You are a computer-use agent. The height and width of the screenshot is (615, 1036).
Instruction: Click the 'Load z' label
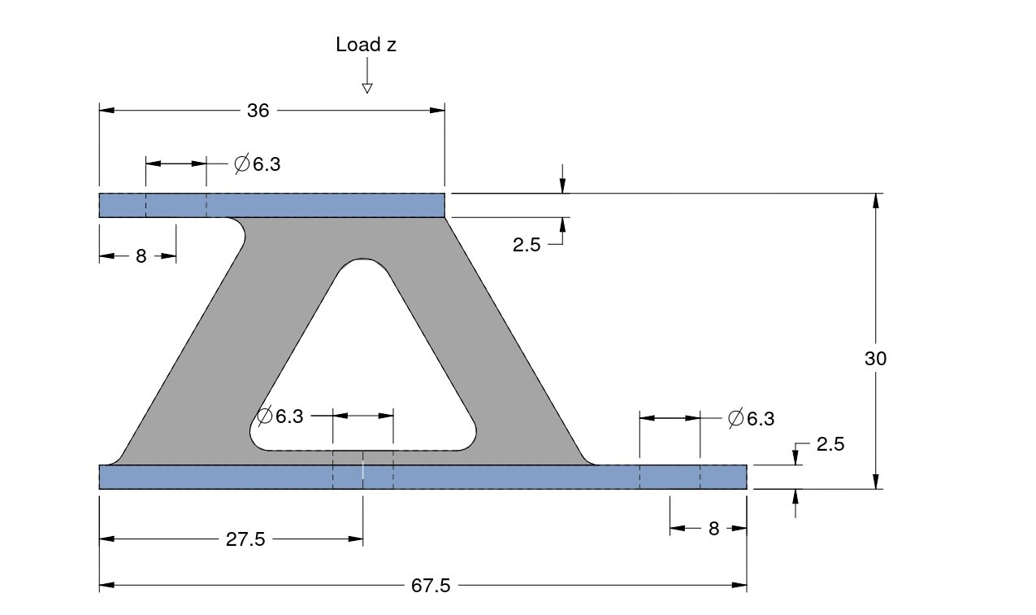click(x=366, y=45)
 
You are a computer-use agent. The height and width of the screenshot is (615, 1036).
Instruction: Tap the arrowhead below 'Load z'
click(x=366, y=88)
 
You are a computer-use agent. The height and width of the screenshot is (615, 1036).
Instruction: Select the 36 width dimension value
click(x=258, y=111)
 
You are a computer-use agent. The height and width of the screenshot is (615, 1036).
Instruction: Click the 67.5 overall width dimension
click(x=431, y=586)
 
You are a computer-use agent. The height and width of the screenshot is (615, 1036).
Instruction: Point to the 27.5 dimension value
click(x=245, y=539)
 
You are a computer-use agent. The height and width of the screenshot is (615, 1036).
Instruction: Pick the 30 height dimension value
click(x=875, y=358)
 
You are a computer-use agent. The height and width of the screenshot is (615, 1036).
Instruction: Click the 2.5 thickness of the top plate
click(x=527, y=244)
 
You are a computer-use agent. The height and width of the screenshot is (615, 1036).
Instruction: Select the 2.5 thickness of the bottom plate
click(x=830, y=444)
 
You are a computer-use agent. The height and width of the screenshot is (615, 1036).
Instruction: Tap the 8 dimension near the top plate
click(x=141, y=257)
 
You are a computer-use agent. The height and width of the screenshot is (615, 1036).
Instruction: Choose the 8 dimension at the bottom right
click(x=713, y=529)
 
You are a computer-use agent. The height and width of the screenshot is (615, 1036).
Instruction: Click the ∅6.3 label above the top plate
click(x=258, y=164)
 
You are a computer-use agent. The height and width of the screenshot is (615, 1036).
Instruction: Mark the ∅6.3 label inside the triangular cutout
click(x=280, y=417)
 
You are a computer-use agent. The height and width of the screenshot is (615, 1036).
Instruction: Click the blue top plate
click(x=325, y=205)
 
